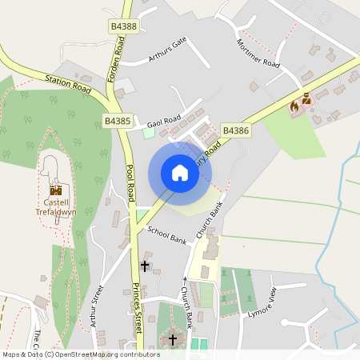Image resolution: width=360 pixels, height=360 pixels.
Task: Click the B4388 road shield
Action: [123, 27]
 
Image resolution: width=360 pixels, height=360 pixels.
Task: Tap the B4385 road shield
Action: [117, 122]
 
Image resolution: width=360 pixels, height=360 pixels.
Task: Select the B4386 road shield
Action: [236, 130]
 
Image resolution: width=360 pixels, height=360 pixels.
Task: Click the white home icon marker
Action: [180, 173]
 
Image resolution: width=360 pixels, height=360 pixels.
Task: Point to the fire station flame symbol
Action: [294, 105]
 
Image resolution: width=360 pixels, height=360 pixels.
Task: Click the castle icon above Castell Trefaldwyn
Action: [56, 190]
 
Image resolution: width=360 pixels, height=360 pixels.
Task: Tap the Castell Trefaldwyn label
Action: [56, 207]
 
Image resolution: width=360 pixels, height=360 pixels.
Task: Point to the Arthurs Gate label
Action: [167, 50]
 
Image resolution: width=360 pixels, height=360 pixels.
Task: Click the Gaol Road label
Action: [164, 122]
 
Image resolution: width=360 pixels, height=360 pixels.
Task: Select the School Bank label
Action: [166, 234]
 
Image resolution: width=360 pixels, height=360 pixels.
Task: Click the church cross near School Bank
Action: [145, 265]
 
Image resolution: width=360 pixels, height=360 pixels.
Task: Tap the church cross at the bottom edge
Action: [173, 340]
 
